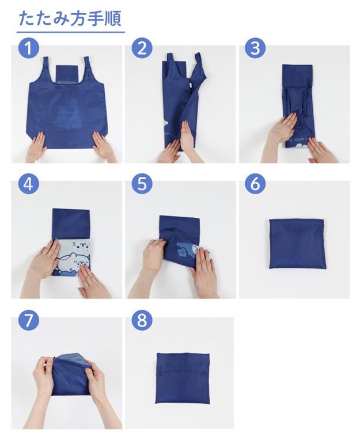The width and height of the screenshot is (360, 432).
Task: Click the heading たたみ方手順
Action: pos(70,19)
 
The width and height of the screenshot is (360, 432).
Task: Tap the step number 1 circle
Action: pos(29,48)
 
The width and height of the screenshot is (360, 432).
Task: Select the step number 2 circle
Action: pos(142,48)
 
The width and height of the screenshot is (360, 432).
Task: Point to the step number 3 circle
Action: pos(256,48)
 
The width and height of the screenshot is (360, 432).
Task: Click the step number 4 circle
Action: pos(29,184)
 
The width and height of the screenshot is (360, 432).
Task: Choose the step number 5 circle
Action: pos(142,184)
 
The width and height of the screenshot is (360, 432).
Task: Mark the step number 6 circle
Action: pos(256,184)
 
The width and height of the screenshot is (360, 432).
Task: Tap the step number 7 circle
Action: pos(29,320)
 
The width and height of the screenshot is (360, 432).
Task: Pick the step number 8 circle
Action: pos(142,320)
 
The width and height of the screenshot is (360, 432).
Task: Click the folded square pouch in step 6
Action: pos(297,244)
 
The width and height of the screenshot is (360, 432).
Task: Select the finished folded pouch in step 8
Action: pos(183,378)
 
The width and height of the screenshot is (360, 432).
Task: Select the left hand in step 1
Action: pos(37,146)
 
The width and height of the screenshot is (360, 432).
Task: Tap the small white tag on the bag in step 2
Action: pos(190,84)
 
